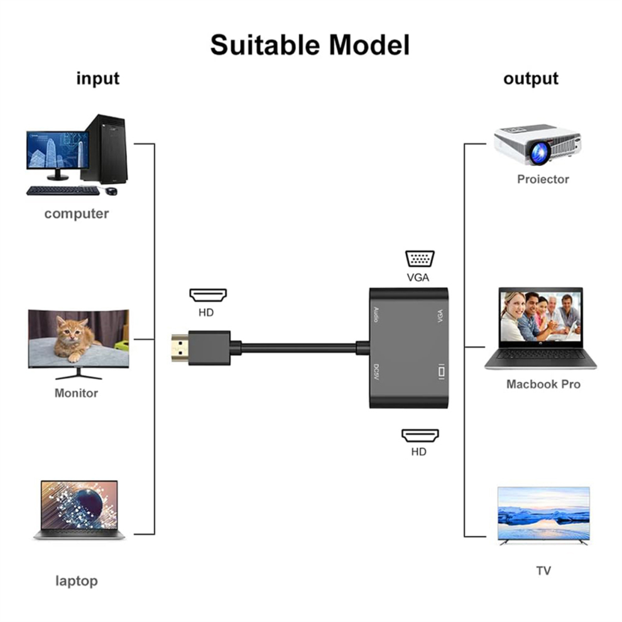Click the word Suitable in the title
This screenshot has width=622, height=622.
pyautogui.click(x=265, y=45)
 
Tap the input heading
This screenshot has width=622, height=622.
pyautogui.click(x=97, y=78)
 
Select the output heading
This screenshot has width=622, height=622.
pyautogui.click(x=531, y=79)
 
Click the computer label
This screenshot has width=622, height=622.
pyautogui.click(x=76, y=214)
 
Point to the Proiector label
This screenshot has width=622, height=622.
pyautogui.click(x=543, y=179)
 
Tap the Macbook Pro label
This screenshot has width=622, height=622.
pyautogui.click(x=543, y=384)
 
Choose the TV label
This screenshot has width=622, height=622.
pyautogui.click(x=543, y=571)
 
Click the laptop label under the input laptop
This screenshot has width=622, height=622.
pyautogui.click(x=77, y=581)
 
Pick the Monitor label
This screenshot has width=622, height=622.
pyautogui.click(x=76, y=393)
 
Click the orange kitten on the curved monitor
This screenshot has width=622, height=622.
pyautogui.click(x=74, y=339)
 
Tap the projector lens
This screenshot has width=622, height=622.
pyautogui.click(x=538, y=153)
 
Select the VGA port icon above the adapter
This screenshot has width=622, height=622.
pyautogui.click(x=420, y=259)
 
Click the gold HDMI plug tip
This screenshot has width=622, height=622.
pyautogui.click(x=180, y=348)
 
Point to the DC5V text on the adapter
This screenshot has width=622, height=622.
pyautogui.click(x=376, y=372)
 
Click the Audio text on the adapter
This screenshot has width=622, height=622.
pyautogui.click(x=376, y=315)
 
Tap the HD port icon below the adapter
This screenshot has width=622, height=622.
pyautogui.click(x=420, y=435)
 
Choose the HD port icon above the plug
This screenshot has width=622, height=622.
pyautogui.click(x=208, y=295)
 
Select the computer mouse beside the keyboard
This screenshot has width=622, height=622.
pyautogui.click(x=112, y=191)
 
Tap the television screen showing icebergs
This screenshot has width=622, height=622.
pyautogui.click(x=543, y=513)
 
